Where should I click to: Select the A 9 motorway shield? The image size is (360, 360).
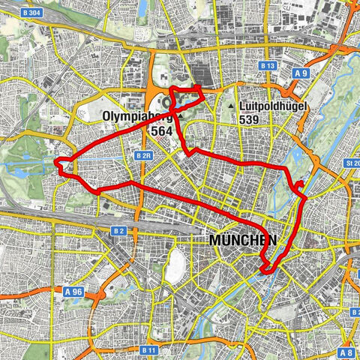(x=300, y=73)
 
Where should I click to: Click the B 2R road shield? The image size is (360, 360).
(x=145, y=155)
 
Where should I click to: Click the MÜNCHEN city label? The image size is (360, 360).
(x=243, y=241)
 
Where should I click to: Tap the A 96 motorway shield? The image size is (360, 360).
(x=73, y=291)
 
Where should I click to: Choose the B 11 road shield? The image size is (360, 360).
(x=148, y=349)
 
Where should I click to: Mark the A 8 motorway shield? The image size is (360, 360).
(x=346, y=352)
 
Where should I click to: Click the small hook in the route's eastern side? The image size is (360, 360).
(x=299, y=184)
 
